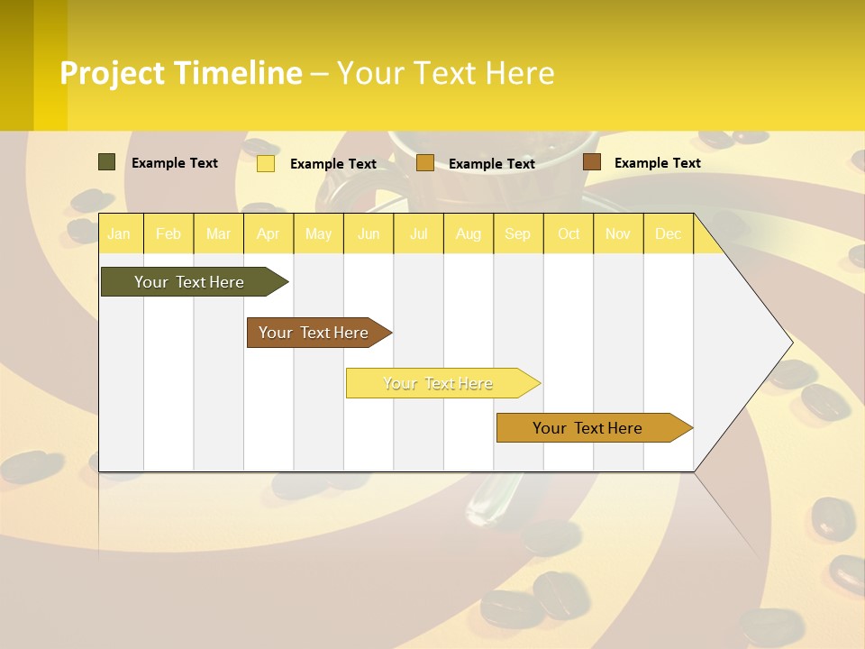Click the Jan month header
pyautogui.click(x=119, y=234)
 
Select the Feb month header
pyautogui.click(x=168, y=234)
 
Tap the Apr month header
pyautogui.click(x=268, y=234)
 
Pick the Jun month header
pyautogui.click(x=369, y=234)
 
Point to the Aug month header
pyautogui.click(x=469, y=234)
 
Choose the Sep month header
pyautogui.click(x=518, y=234)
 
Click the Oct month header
pyautogui.click(x=569, y=234)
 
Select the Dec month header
pyautogui.click(x=669, y=234)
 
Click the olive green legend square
pyautogui.click(x=106, y=162)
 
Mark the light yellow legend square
pyautogui.click(x=266, y=163)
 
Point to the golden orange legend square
pyautogui.click(x=425, y=163)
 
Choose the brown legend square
pyautogui.click(x=591, y=162)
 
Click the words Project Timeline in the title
pyautogui.click(x=181, y=73)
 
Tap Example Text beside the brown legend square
pyautogui.click(x=657, y=163)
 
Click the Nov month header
pyautogui.click(x=618, y=234)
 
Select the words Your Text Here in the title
pyautogui.click(x=445, y=73)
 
